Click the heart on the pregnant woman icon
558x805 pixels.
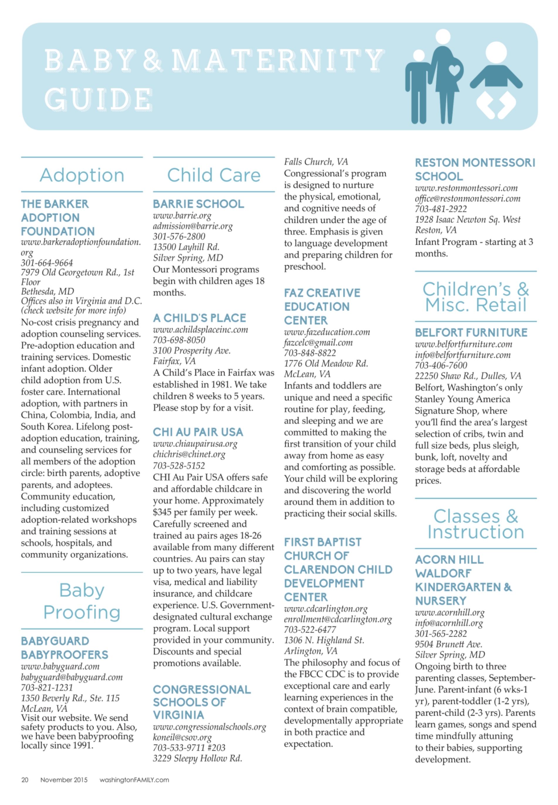click(x=454, y=70)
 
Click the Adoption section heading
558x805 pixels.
click(x=82, y=175)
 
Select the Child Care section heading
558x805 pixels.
click(x=214, y=175)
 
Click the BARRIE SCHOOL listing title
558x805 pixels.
click(x=198, y=204)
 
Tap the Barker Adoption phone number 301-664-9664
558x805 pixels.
click(x=47, y=263)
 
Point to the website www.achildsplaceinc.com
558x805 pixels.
click(x=200, y=330)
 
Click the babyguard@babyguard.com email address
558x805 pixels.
click(x=72, y=677)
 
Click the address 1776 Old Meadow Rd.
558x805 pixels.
click(x=326, y=364)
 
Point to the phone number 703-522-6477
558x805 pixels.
click(x=310, y=630)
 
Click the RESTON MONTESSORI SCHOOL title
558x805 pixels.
click(x=474, y=169)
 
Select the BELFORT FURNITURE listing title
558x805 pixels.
click(x=471, y=333)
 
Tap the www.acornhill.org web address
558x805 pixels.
click(x=450, y=613)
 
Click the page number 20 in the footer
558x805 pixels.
click(x=25, y=780)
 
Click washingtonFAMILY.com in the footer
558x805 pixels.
click(x=134, y=780)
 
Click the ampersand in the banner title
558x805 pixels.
click(x=152, y=60)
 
